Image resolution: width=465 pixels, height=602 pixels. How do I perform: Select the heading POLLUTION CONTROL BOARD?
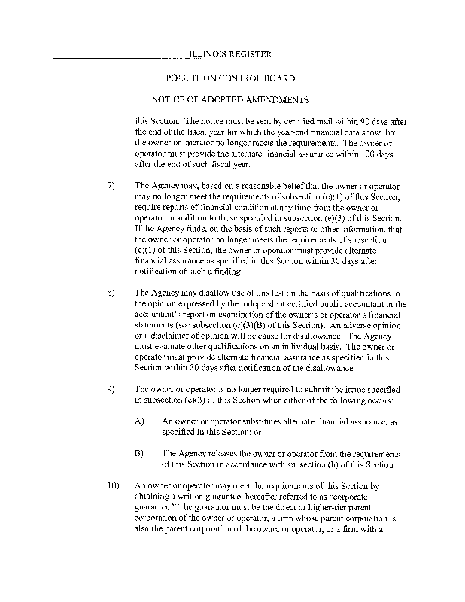[230, 78]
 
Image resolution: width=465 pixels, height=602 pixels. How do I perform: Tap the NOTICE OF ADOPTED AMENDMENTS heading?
[231, 99]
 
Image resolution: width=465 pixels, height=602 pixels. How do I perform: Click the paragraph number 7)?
[111, 184]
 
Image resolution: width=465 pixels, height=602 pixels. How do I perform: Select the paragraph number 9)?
[111, 389]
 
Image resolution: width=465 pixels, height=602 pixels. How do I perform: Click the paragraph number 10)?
[113, 486]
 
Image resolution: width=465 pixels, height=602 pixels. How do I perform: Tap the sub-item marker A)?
[140, 421]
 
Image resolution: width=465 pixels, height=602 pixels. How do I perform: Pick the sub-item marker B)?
[140, 454]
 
